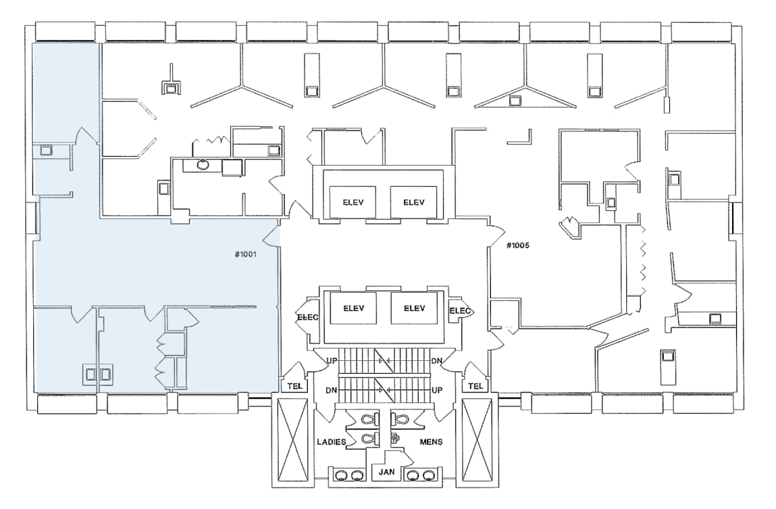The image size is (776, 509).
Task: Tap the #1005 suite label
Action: (x=518, y=245)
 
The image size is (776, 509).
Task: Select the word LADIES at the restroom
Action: (x=332, y=442)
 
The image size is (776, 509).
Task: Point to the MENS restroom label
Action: (x=431, y=442)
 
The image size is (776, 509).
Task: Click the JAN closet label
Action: (x=386, y=471)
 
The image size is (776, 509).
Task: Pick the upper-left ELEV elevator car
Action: (x=353, y=202)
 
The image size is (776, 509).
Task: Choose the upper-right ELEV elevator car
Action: (x=413, y=202)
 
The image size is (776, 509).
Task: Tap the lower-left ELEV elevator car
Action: (x=353, y=308)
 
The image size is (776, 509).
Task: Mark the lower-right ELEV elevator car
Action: (x=413, y=308)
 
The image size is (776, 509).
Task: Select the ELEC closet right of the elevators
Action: (x=461, y=312)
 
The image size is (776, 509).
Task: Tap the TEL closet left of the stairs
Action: (x=294, y=386)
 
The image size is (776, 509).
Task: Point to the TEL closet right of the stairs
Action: (x=475, y=386)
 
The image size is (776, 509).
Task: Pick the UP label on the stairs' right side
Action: (x=438, y=391)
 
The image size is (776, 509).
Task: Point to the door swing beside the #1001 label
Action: (x=273, y=236)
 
